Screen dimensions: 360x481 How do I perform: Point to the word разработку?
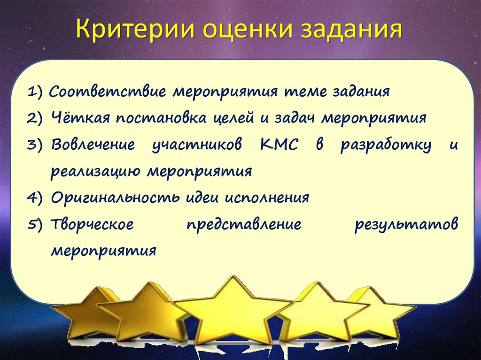386,145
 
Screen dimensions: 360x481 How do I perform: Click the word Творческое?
92,224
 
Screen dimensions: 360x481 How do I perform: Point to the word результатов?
406,224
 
